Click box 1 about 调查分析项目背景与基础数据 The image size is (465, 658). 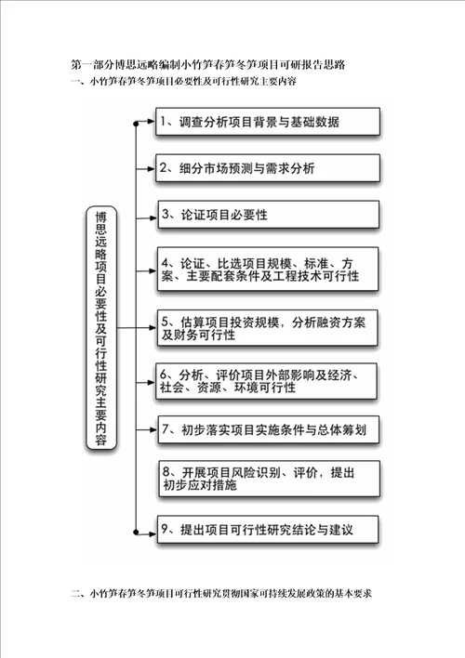268,122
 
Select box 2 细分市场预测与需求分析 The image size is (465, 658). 268,168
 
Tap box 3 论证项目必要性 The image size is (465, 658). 269,215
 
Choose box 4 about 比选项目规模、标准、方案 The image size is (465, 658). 268,270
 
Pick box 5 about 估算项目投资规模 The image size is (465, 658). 267,328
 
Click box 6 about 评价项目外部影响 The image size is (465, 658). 266,381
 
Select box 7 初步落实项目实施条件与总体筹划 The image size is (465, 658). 269,429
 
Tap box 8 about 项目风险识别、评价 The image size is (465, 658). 269,479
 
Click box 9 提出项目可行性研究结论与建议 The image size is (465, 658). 268,529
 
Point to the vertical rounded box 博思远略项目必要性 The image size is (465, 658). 101,328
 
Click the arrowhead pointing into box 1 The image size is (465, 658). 152,121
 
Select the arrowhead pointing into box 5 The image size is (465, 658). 153,327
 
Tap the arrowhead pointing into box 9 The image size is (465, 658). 153,534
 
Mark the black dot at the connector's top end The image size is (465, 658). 136,124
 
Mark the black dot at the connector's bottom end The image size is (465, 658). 136,533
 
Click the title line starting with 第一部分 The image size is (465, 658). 208,64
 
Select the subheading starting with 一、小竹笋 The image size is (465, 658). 183,81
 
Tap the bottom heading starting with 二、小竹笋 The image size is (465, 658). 221,593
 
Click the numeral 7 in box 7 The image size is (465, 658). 166,429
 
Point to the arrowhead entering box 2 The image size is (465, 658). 152,169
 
